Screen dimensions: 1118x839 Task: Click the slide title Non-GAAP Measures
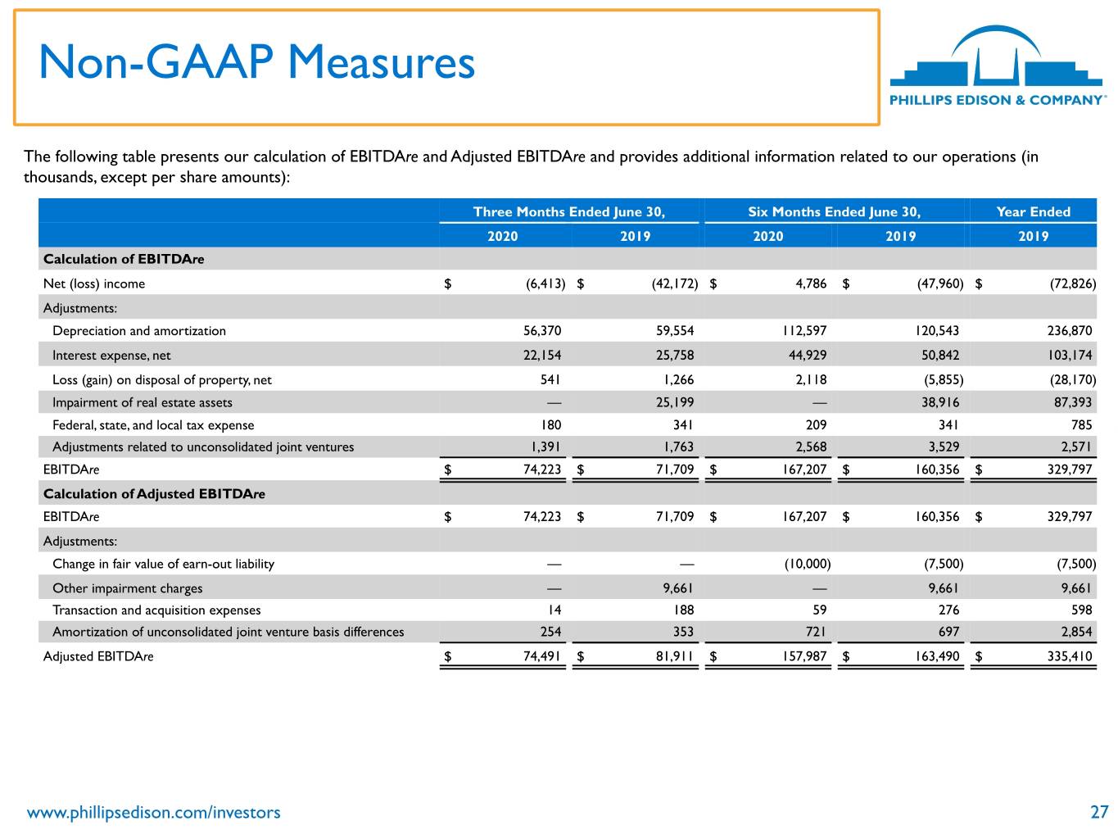coord(256,62)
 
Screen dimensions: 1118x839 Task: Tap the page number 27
coord(1098,811)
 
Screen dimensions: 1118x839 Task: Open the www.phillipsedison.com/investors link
coord(153,812)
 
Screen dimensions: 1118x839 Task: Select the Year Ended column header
coord(1033,211)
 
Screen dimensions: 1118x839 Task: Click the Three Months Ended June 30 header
coord(569,211)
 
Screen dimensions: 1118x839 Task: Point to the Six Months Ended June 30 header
coord(834,211)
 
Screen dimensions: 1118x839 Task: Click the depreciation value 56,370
coord(542,331)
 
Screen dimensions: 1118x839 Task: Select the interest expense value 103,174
coord(1070,355)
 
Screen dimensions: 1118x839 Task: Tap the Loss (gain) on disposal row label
coord(162,380)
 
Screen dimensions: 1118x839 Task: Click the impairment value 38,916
coord(939,402)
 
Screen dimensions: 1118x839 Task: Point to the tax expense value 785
coord(1081,425)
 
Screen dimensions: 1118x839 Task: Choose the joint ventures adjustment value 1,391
coord(545,447)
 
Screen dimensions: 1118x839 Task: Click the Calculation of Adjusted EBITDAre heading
coord(154,493)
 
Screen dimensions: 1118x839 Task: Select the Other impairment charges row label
coord(127,588)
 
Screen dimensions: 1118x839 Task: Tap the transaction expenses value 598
coord(1081,610)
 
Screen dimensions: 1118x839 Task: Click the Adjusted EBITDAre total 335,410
coord(1070,656)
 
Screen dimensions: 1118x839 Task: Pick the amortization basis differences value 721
coord(816,632)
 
